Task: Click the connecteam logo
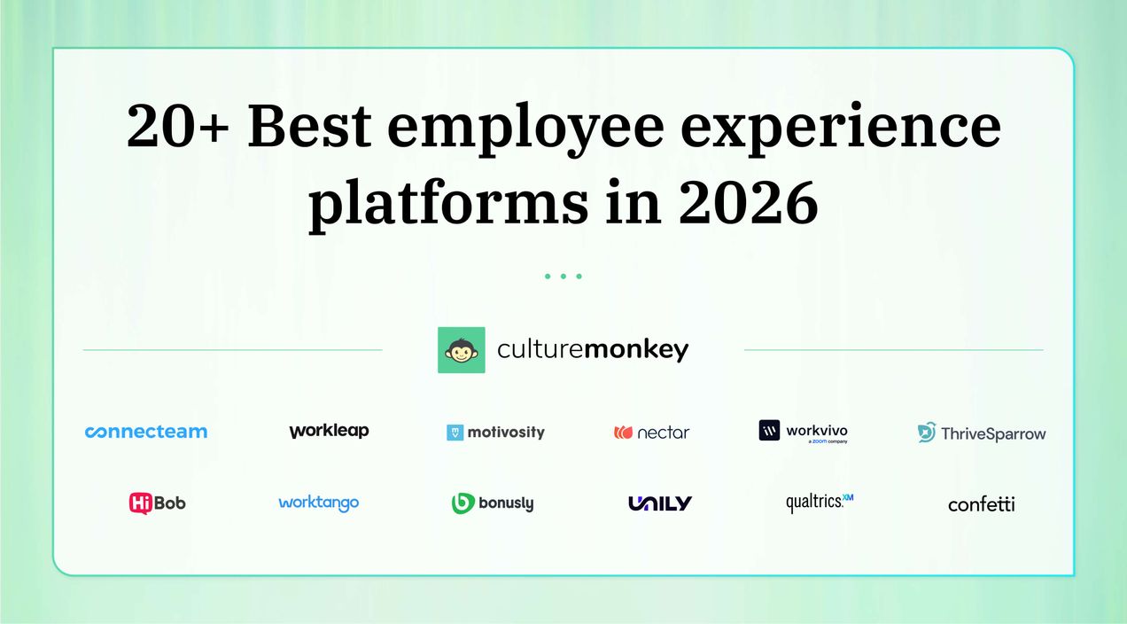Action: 146,432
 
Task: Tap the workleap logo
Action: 329,432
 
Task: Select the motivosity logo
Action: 495,433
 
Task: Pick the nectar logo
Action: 651,433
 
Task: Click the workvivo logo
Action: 804,432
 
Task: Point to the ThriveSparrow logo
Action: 982,433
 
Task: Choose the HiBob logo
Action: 158,503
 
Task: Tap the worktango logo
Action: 319,503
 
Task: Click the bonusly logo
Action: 493,503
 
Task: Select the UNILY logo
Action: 660,503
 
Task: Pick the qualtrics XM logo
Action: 820,503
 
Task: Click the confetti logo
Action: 982,504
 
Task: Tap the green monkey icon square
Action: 462,350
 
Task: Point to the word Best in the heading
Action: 310,126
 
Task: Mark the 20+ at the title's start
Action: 178,126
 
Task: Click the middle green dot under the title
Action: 563,277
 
